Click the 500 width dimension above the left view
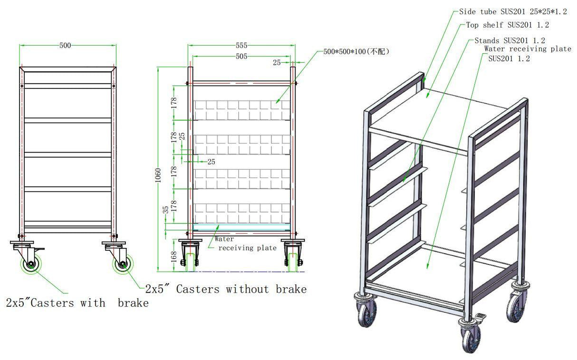[65, 46]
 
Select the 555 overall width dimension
[241, 46]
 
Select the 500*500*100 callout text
[356, 51]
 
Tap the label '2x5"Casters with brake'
[77, 302]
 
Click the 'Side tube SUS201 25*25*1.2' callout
[513, 11]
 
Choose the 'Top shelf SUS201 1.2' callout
[507, 25]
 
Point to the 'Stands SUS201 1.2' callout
[510, 40]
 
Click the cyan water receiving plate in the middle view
[241, 226]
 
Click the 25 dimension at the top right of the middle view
[278, 62]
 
